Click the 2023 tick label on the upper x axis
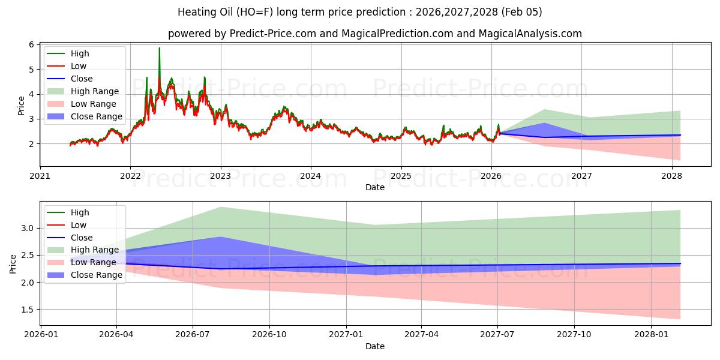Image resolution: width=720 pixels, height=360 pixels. click(x=221, y=176)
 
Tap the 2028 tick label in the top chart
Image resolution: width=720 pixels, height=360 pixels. click(x=672, y=176)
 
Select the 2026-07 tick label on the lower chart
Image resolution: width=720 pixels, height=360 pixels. click(x=193, y=335)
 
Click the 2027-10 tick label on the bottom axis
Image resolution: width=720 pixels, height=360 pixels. click(x=574, y=335)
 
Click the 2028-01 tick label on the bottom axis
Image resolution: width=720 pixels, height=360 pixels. click(x=651, y=335)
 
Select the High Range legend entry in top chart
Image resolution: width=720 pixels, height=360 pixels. click(x=95, y=91)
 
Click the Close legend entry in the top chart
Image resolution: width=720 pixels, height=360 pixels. click(x=82, y=79)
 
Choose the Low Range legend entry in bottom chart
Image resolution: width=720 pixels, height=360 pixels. click(x=94, y=262)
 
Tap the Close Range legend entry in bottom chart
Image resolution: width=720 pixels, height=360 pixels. click(x=96, y=275)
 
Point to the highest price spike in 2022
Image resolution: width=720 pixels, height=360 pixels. click(x=159, y=48)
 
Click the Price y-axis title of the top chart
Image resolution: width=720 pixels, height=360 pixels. click(x=22, y=105)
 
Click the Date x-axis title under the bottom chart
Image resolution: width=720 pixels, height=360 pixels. click(x=375, y=346)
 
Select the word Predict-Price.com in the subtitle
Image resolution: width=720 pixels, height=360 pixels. click(x=273, y=34)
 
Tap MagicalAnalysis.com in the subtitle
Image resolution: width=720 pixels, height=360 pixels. click(x=530, y=34)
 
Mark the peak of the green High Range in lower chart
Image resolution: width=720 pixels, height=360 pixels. click(x=221, y=207)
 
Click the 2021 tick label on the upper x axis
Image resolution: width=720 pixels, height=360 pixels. click(x=40, y=176)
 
